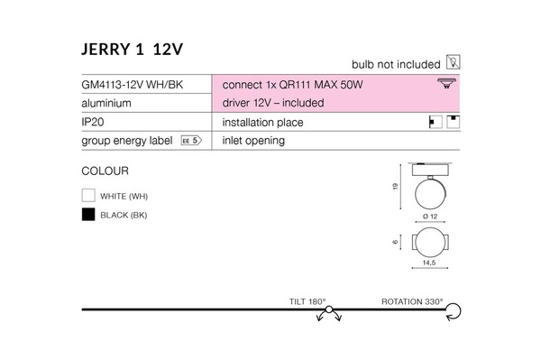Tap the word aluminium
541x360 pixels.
(106, 103)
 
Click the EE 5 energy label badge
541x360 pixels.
(189, 141)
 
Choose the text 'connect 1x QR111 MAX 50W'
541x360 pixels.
(286, 84)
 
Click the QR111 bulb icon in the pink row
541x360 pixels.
(445, 84)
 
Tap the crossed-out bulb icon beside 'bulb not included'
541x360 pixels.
(454, 65)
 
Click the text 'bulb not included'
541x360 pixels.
(396, 65)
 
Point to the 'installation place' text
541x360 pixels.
(261, 122)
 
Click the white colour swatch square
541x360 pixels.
(88, 195)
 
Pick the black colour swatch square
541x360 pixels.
(88, 214)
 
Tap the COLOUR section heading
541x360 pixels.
(105, 170)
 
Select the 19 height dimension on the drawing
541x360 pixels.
(396, 187)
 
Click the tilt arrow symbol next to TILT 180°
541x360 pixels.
(330, 312)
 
